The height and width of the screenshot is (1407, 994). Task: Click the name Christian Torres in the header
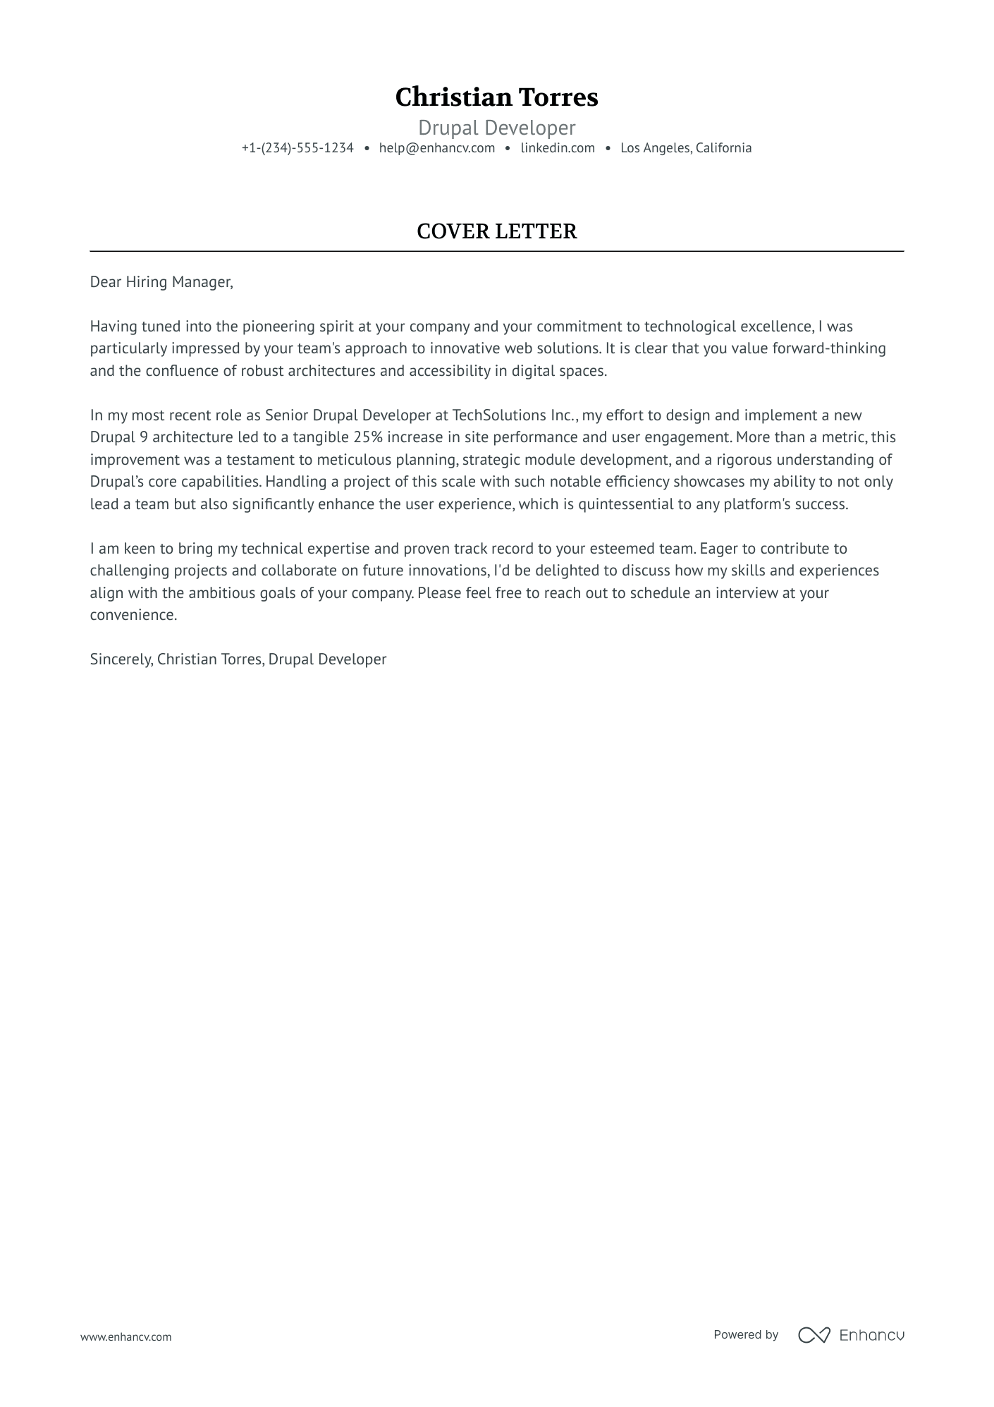pyautogui.click(x=496, y=97)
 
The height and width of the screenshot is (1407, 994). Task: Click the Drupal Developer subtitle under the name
pyautogui.click(x=496, y=128)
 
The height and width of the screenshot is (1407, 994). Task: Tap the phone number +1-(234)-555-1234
pyautogui.click(x=297, y=148)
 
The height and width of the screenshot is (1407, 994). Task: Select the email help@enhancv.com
pyautogui.click(x=436, y=148)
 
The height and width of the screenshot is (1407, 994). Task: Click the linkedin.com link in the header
pyautogui.click(x=558, y=148)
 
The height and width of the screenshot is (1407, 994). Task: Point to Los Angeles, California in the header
pyautogui.click(x=685, y=148)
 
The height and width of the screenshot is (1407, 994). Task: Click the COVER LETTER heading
pyautogui.click(x=496, y=231)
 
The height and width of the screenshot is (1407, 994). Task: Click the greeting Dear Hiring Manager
pyautogui.click(x=161, y=282)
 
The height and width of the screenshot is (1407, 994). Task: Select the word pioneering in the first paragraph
pyautogui.click(x=276, y=327)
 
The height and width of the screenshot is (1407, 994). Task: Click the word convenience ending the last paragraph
pyautogui.click(x=133, y=615)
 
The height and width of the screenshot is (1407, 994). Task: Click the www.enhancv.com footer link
pyautogui.click(x=125, y=1336)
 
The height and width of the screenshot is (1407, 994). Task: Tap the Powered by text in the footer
pyautogui.click(x=745, y=1334)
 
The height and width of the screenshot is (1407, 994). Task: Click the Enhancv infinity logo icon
pyautogui.click(x=814, y=1335)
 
